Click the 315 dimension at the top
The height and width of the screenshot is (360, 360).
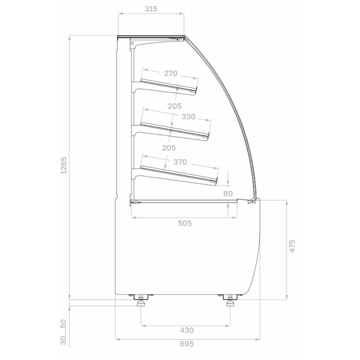click(x=151, y=9)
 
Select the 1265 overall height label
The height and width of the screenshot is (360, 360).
click(x=64, y=165)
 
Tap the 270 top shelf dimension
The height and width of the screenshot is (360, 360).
click(x=171, y=73)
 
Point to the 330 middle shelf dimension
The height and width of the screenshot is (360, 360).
click(x=189, y=117)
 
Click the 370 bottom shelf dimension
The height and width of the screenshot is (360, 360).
click(x=180, y=162)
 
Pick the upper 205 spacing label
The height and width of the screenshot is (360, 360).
click(x=175, y=106)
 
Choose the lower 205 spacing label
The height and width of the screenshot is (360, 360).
click(x=169, y=148)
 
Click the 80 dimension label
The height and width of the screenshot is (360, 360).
click(x=228, y=194)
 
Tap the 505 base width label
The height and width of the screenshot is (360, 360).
click(x=185, y=223)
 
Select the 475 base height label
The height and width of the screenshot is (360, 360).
click(x=292, y=246)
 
